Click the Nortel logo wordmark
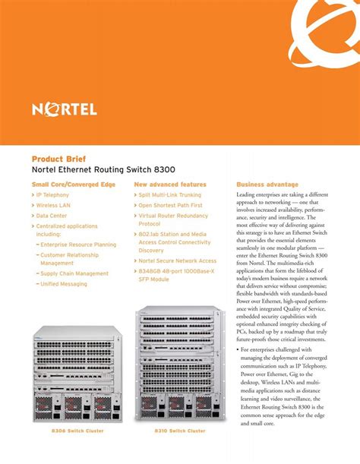coord(65,109)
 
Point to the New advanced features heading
coord(170,185)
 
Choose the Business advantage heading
coord(267,185)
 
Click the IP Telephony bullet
coord(52,195)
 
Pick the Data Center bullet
coord(51,216)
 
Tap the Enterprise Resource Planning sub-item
coord(77,245)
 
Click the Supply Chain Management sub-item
coord(74,273)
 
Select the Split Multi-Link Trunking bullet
coord(170,195)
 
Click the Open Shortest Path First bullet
coord(170,205)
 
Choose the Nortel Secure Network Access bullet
coord(177,260)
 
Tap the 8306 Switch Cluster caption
coord(77,431)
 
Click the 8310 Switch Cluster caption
coord(180,431)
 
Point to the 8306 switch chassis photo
coord(77,373)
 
